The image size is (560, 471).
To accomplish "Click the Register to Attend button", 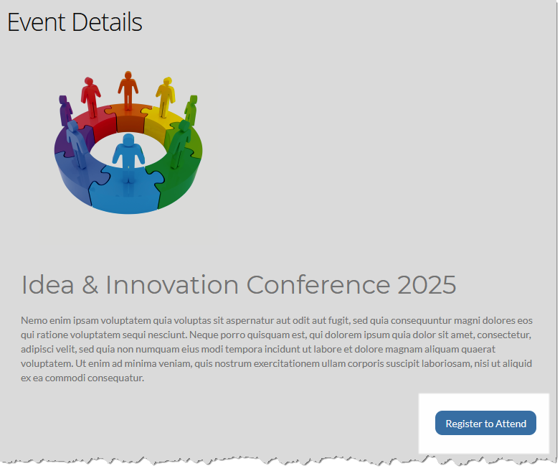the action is coord(485,423).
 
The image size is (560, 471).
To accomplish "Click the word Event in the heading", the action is coord(37,22).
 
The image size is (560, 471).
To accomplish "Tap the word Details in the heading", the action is coord(107,22).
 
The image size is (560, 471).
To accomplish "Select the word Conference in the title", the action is coord(318,285).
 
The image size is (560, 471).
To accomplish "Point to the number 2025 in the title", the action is coord(427,285).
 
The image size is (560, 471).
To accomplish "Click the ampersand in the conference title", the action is coord(90,285).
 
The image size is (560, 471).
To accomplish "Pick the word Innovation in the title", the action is coord(172,285).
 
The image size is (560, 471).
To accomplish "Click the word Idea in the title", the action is coord(47,285).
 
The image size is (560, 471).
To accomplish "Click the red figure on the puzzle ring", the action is coord(91,97).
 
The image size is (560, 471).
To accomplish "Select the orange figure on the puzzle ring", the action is coord(128,90).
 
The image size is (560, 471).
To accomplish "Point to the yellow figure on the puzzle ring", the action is coord(165,96).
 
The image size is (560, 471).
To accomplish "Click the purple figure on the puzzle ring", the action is coord(65,111).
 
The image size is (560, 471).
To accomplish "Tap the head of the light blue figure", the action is coord(128,139).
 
